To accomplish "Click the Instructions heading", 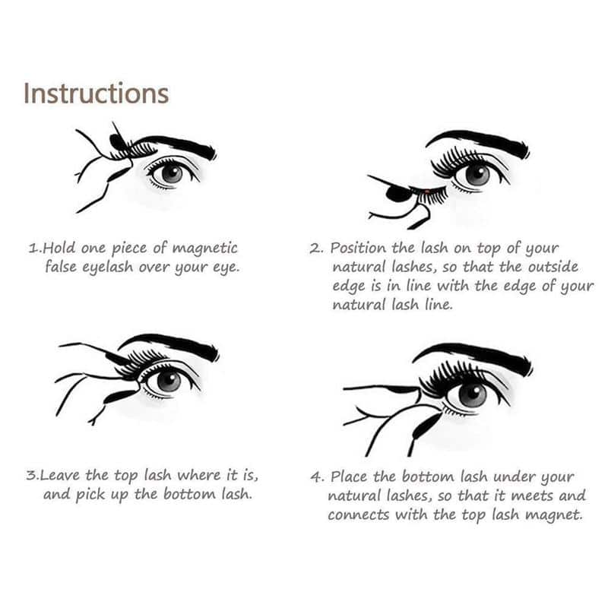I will tap(96, 93).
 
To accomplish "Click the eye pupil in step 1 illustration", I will tap(171, 173).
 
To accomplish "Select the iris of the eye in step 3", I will tap(168, 380).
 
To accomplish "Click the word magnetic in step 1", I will tap(204, 249).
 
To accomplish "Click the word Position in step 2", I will tap(358, 249).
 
